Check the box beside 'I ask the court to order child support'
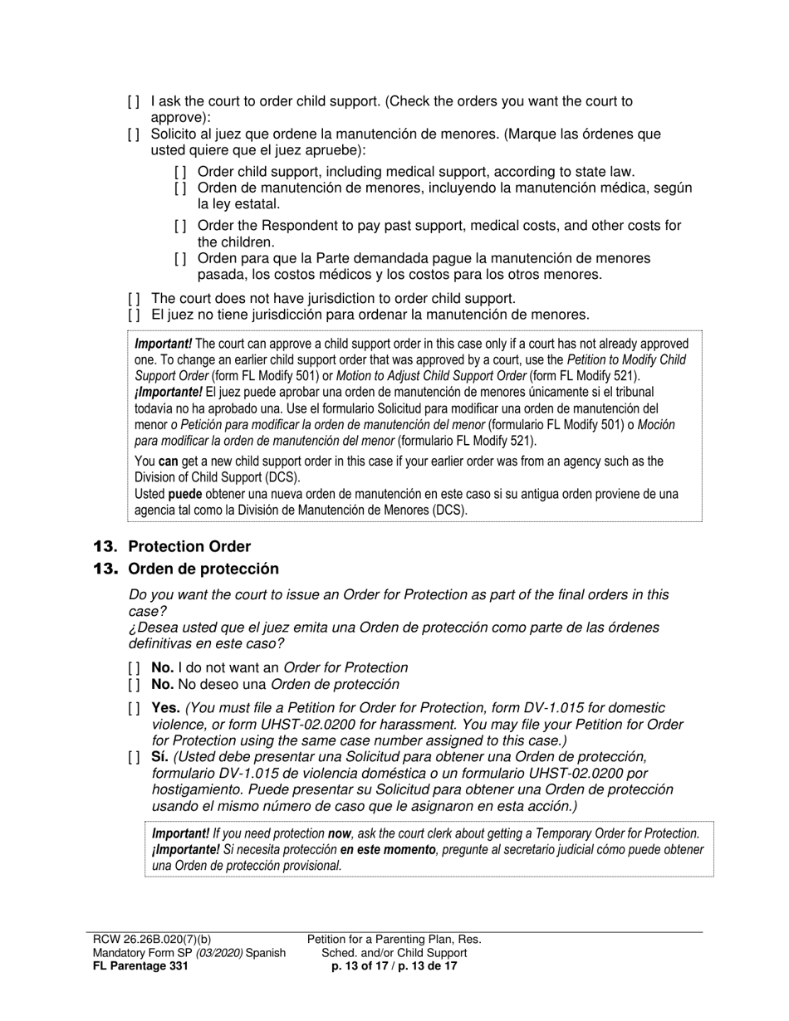point(134,102)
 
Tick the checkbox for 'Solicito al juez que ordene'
point(134,134)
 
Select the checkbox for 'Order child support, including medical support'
point(180,172)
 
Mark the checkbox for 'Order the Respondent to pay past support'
point(180,226)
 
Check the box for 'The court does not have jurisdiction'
point(134,299)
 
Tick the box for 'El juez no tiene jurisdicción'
point(134,315)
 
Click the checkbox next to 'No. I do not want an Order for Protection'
point(134,668)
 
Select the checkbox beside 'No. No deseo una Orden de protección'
point(134,685)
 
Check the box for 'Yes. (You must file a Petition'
point(134,709)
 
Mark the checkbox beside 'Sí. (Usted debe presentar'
point(134,757)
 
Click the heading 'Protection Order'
point(189,546)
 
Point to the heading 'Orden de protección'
point(203,569)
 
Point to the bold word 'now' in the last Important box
point(339,833)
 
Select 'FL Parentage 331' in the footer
point(140,966)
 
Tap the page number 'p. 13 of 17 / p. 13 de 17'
point(394,966)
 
